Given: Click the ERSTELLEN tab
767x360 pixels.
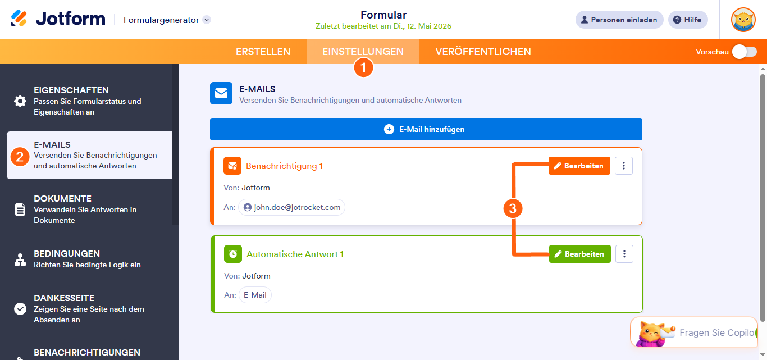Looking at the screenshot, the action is [x=263, y=51].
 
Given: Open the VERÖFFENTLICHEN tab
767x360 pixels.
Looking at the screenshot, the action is [x=483, y=51].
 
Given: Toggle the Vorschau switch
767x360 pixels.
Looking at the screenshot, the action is [x=745, y=52].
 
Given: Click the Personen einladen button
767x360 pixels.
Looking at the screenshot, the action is [x=619, y=20].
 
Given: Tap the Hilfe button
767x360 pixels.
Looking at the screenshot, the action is [x=688, y=20].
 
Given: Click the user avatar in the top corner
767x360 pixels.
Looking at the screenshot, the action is [x=743, y=20].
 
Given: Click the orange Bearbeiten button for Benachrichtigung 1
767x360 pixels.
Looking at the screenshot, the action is [x=579, y=166].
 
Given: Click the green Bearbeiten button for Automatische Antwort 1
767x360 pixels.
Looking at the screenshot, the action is [x=579, y=254].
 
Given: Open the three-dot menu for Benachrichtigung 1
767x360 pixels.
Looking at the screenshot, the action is [x=623, y=166].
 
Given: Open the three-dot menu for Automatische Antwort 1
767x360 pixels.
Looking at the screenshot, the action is [x=624, y=254].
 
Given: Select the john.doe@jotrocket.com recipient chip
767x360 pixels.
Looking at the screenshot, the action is [x=292, y=207].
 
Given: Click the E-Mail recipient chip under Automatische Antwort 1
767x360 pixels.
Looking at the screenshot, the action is [x=255, y=295].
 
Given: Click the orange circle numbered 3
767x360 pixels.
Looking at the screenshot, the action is [x=513, y=208].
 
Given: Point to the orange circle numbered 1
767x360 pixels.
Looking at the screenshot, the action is [x=363, y=67].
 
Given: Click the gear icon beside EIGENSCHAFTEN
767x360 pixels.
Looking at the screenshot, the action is [x=20, y=101].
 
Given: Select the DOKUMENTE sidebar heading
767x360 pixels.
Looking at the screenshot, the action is [x=63, y=199].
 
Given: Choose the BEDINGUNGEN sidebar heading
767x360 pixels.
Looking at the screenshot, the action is [x=67, y=253].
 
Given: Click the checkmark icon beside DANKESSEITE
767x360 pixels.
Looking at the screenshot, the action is [x=20, y=309].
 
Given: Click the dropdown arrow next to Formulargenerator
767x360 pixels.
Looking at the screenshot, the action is [x=207, y=20].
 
